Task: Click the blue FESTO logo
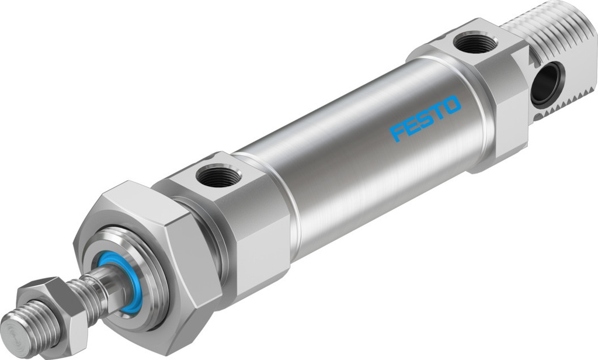point(426,120)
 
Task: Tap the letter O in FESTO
point(452,106)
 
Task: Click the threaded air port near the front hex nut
point(218,175)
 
